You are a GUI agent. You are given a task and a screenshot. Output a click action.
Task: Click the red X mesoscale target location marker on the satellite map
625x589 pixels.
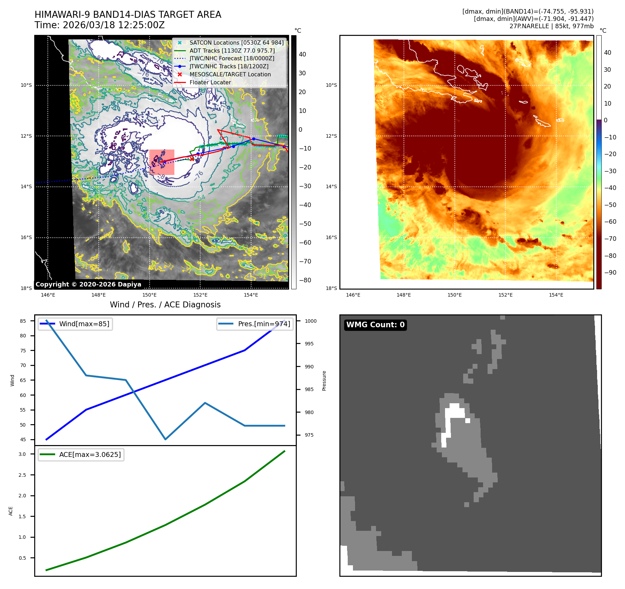coord(192,159)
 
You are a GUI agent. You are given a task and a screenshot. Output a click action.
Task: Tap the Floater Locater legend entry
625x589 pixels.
coord(210,82)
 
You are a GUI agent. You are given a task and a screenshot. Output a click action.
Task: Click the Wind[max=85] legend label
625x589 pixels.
coord(84,324)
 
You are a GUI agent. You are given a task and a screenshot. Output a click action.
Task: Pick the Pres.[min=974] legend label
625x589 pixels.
coord(264,324)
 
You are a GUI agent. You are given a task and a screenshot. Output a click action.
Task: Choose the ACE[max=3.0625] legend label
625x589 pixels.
coord(90,454)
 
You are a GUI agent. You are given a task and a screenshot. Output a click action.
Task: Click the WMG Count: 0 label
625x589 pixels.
coord(375,325)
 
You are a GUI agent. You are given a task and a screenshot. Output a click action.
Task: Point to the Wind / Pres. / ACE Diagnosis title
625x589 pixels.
coord(165,305)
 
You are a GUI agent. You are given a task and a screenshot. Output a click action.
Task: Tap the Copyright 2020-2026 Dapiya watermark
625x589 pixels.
coord(88,284)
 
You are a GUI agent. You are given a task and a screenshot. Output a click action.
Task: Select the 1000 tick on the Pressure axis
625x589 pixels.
coord(311,321)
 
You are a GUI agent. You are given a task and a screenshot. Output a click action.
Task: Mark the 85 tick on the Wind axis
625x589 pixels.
coord(23,321)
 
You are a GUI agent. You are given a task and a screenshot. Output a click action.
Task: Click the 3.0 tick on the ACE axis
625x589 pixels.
coord(22,454)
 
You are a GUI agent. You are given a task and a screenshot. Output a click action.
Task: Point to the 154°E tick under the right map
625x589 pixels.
coord(556,295)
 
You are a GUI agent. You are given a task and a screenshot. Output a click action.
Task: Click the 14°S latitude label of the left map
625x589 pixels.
coord(26,186)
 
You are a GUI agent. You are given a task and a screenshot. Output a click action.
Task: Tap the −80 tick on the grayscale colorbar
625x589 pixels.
coord(305,280)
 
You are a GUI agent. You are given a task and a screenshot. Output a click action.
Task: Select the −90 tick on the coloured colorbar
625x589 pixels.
coord(610,273)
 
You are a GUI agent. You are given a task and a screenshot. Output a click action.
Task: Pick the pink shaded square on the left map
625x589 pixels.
coord(162,162)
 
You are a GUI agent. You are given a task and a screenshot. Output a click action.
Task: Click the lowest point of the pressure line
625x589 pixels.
coord(165,439)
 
